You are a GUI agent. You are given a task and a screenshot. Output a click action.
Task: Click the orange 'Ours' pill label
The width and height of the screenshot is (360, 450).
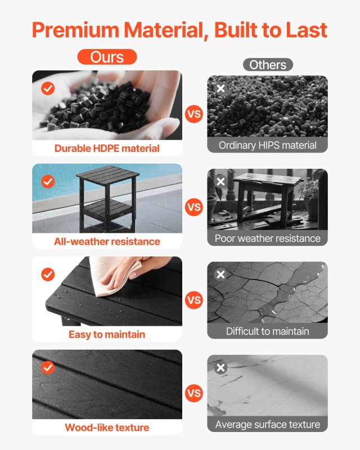pos(107,57)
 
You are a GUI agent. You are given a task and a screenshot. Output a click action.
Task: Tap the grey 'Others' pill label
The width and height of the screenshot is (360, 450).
pos(268,65)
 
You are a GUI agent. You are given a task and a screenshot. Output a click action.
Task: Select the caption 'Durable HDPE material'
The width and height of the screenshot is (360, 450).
pos(107,148)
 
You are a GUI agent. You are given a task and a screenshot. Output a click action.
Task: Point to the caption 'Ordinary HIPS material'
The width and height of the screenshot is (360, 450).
pos(268,145)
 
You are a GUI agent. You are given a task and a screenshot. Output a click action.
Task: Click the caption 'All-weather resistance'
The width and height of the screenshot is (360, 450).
pos(107,241)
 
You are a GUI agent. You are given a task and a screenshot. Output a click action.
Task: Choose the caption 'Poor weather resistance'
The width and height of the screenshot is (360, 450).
pos(268,238)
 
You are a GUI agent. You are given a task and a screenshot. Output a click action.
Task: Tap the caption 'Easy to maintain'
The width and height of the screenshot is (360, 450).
pos(107,334)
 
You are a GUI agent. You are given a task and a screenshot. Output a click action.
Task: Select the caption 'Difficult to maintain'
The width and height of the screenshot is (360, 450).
pos(268,331)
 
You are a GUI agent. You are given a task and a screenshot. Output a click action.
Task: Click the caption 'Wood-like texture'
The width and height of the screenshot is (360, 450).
pos(107,427)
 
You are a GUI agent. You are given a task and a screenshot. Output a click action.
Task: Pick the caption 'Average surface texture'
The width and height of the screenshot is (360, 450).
pos(268,424)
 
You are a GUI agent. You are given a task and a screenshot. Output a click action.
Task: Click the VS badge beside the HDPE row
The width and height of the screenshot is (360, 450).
pos(193,114)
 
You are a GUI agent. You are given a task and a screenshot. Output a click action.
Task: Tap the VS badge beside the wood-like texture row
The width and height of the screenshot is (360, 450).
pos(193,393)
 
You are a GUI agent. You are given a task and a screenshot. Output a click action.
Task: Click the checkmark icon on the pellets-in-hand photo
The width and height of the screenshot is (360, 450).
pos(48,88)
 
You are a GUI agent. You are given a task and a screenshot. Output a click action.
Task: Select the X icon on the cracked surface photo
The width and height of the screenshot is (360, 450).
pos(220,274)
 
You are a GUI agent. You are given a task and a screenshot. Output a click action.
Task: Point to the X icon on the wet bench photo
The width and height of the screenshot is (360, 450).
pos(220,182)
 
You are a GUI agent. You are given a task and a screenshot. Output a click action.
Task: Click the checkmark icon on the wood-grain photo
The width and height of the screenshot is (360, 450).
pos(48,367)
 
